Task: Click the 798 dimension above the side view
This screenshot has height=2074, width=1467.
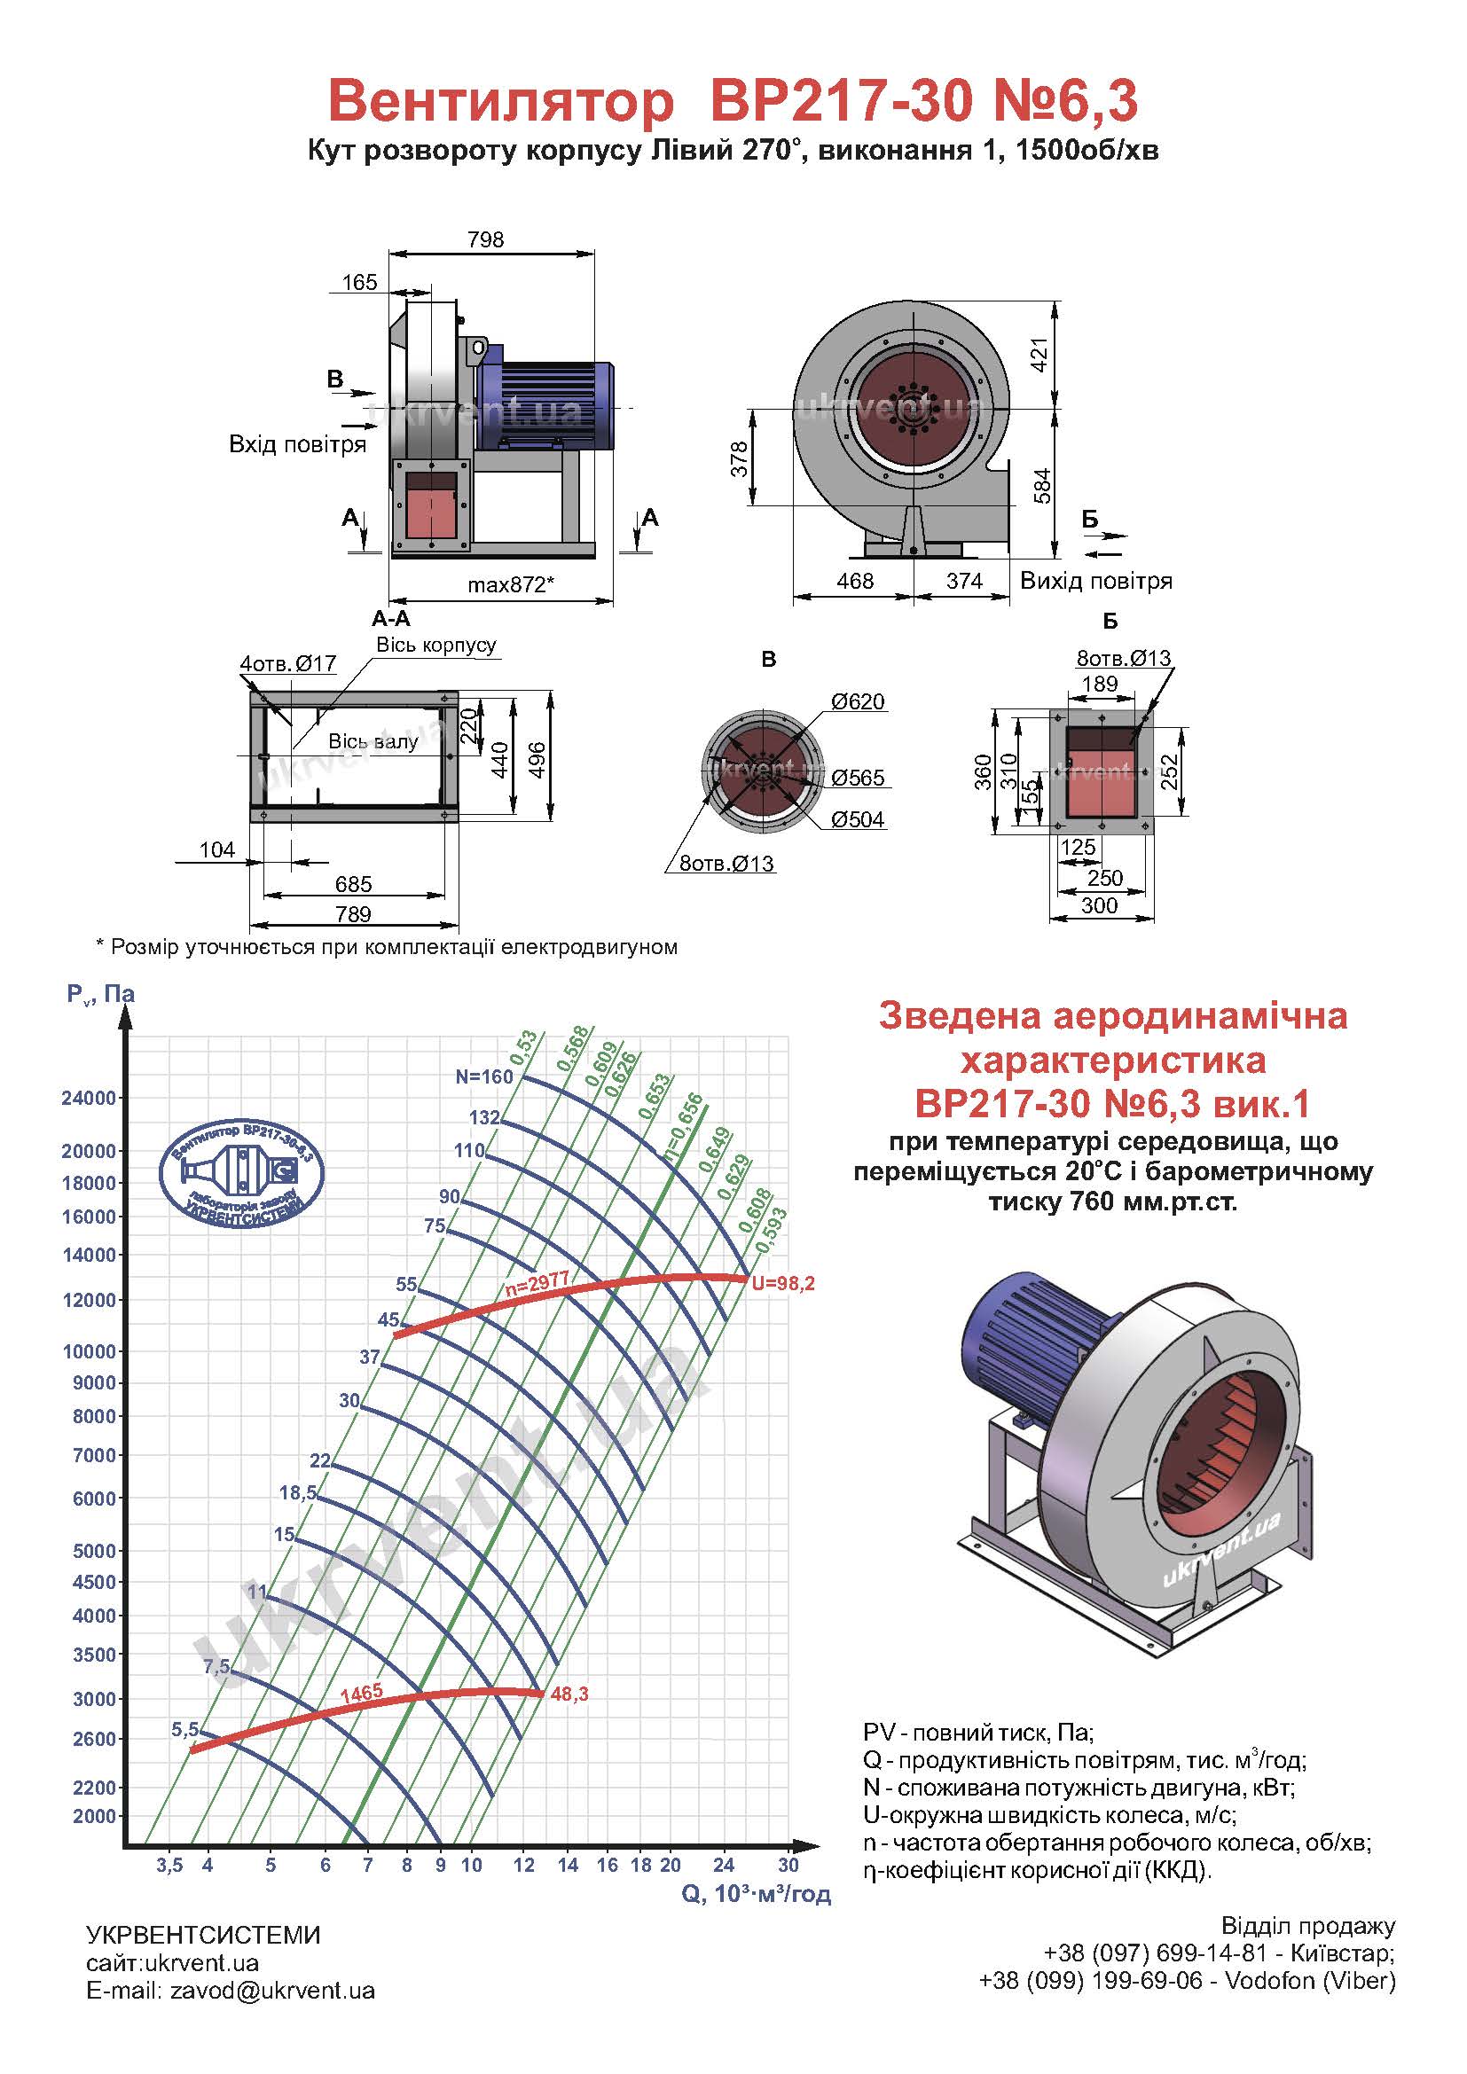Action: [485, 239]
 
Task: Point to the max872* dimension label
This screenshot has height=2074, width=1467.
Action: [510, 584]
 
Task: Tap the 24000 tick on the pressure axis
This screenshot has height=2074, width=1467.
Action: [89, 1099]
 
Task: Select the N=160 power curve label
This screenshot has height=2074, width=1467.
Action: [483, 1076]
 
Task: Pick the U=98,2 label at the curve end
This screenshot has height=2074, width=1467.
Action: [783, 1283]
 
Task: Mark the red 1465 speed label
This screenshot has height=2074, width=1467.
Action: [361, 1693]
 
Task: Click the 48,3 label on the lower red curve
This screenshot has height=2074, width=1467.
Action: [569, 1694]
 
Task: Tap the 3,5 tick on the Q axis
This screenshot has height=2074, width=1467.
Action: [169, 1866]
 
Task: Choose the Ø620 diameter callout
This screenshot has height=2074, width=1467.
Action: [858, 702]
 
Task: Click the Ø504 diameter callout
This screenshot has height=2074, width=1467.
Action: [858, 820]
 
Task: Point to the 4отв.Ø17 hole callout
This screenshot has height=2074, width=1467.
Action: [287, 664]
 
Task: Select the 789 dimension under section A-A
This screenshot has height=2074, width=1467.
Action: [353, 914]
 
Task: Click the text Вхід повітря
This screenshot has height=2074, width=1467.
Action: [297, 444]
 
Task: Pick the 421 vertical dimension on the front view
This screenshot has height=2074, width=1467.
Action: [1039, 356]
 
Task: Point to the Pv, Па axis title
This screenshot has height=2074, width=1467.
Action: [100, 995]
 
